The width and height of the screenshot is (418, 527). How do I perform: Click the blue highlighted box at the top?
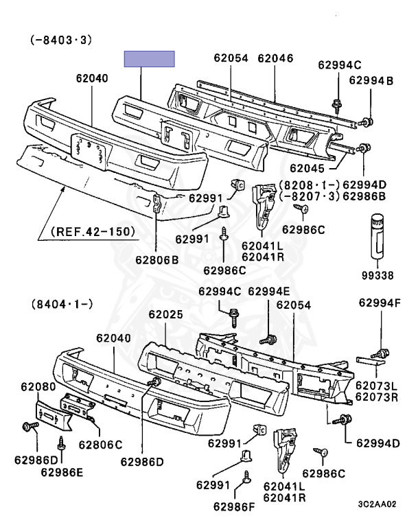tap(150, 59)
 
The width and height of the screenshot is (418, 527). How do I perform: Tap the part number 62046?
tap(275, 58)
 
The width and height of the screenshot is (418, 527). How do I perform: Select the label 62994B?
tap(371, 81)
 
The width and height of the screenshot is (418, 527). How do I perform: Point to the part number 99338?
tap(378, 276)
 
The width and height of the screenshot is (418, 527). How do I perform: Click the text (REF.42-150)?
tap(93, 231)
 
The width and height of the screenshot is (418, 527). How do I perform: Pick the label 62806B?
tap(157, 260)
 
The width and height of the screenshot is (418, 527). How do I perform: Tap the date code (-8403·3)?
tap(61, 40)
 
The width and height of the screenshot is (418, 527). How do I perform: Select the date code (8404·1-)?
tap(62, 304)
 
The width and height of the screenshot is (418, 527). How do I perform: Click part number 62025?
tap(166, 314)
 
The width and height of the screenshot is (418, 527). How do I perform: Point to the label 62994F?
tap(380, 303)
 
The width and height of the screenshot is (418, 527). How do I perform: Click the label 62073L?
tap(376, 386)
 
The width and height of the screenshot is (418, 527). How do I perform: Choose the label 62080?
tap(38, 387)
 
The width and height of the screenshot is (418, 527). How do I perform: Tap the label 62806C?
tap(100, 445)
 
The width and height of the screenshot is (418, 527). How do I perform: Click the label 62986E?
tap(62, 472)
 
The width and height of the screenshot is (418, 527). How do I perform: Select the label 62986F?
tap(234, 506)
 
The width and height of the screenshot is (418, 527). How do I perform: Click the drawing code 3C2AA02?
tap(377, 504)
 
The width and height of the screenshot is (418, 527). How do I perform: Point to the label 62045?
tap(307, 168)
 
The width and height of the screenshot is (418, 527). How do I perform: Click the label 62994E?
tap(268, 292)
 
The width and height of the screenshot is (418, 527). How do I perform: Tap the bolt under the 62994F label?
tap(380, 354)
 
